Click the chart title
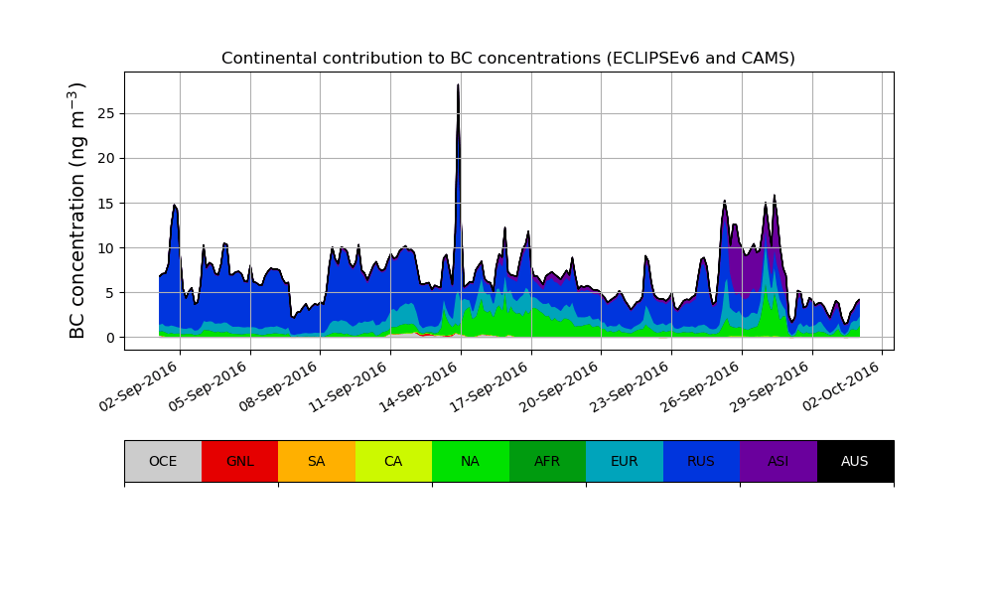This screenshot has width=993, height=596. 508,59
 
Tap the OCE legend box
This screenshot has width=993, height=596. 163,461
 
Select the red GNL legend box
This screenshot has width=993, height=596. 239,461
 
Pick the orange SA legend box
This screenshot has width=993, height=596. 316,461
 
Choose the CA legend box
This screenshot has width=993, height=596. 393,461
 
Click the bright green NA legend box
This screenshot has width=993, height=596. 470,461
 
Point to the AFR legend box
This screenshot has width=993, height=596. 547,461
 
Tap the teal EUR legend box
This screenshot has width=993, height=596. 624,461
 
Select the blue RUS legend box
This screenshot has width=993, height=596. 701,461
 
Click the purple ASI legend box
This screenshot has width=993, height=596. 778,461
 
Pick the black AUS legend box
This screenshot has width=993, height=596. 855,461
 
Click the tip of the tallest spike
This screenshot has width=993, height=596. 458,85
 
